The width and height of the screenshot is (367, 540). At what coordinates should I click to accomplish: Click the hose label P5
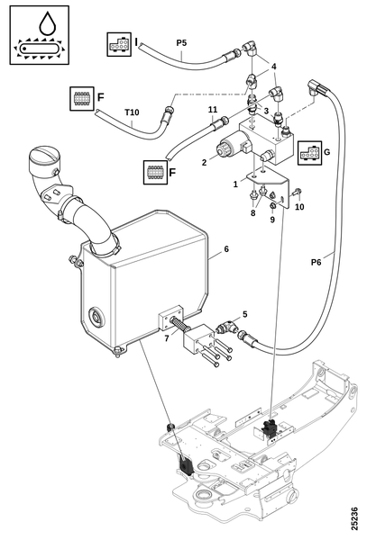coord(181,43)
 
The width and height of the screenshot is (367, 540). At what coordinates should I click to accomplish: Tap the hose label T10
coord(132,112)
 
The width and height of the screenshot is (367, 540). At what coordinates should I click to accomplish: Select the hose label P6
coord(316,263)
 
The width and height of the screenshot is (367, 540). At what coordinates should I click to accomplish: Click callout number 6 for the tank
coord(226,249)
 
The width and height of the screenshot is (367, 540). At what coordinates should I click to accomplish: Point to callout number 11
coord(213,110)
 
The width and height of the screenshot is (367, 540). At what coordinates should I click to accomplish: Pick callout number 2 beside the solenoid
coord(204,163)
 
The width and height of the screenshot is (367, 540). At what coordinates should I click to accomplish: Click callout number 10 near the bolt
coord(299,207)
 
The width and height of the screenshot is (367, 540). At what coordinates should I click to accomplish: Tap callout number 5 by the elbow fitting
coord(245,314)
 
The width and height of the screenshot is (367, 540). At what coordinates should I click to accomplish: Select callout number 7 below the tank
coord(167,338)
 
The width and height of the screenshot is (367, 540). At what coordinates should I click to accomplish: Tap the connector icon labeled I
coord(119,45)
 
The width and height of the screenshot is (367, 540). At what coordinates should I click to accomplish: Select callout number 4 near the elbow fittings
coord(274,67)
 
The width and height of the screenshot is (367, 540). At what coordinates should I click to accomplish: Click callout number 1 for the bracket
coord(235,184)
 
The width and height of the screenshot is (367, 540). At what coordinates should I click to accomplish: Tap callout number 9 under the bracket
coord(272,219)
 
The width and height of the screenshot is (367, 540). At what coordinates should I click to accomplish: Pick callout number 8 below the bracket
coord(252,213)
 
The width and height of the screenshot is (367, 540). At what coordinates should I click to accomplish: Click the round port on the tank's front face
coord(96,316)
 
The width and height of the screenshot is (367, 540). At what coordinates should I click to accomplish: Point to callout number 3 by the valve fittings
coord(266,111)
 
